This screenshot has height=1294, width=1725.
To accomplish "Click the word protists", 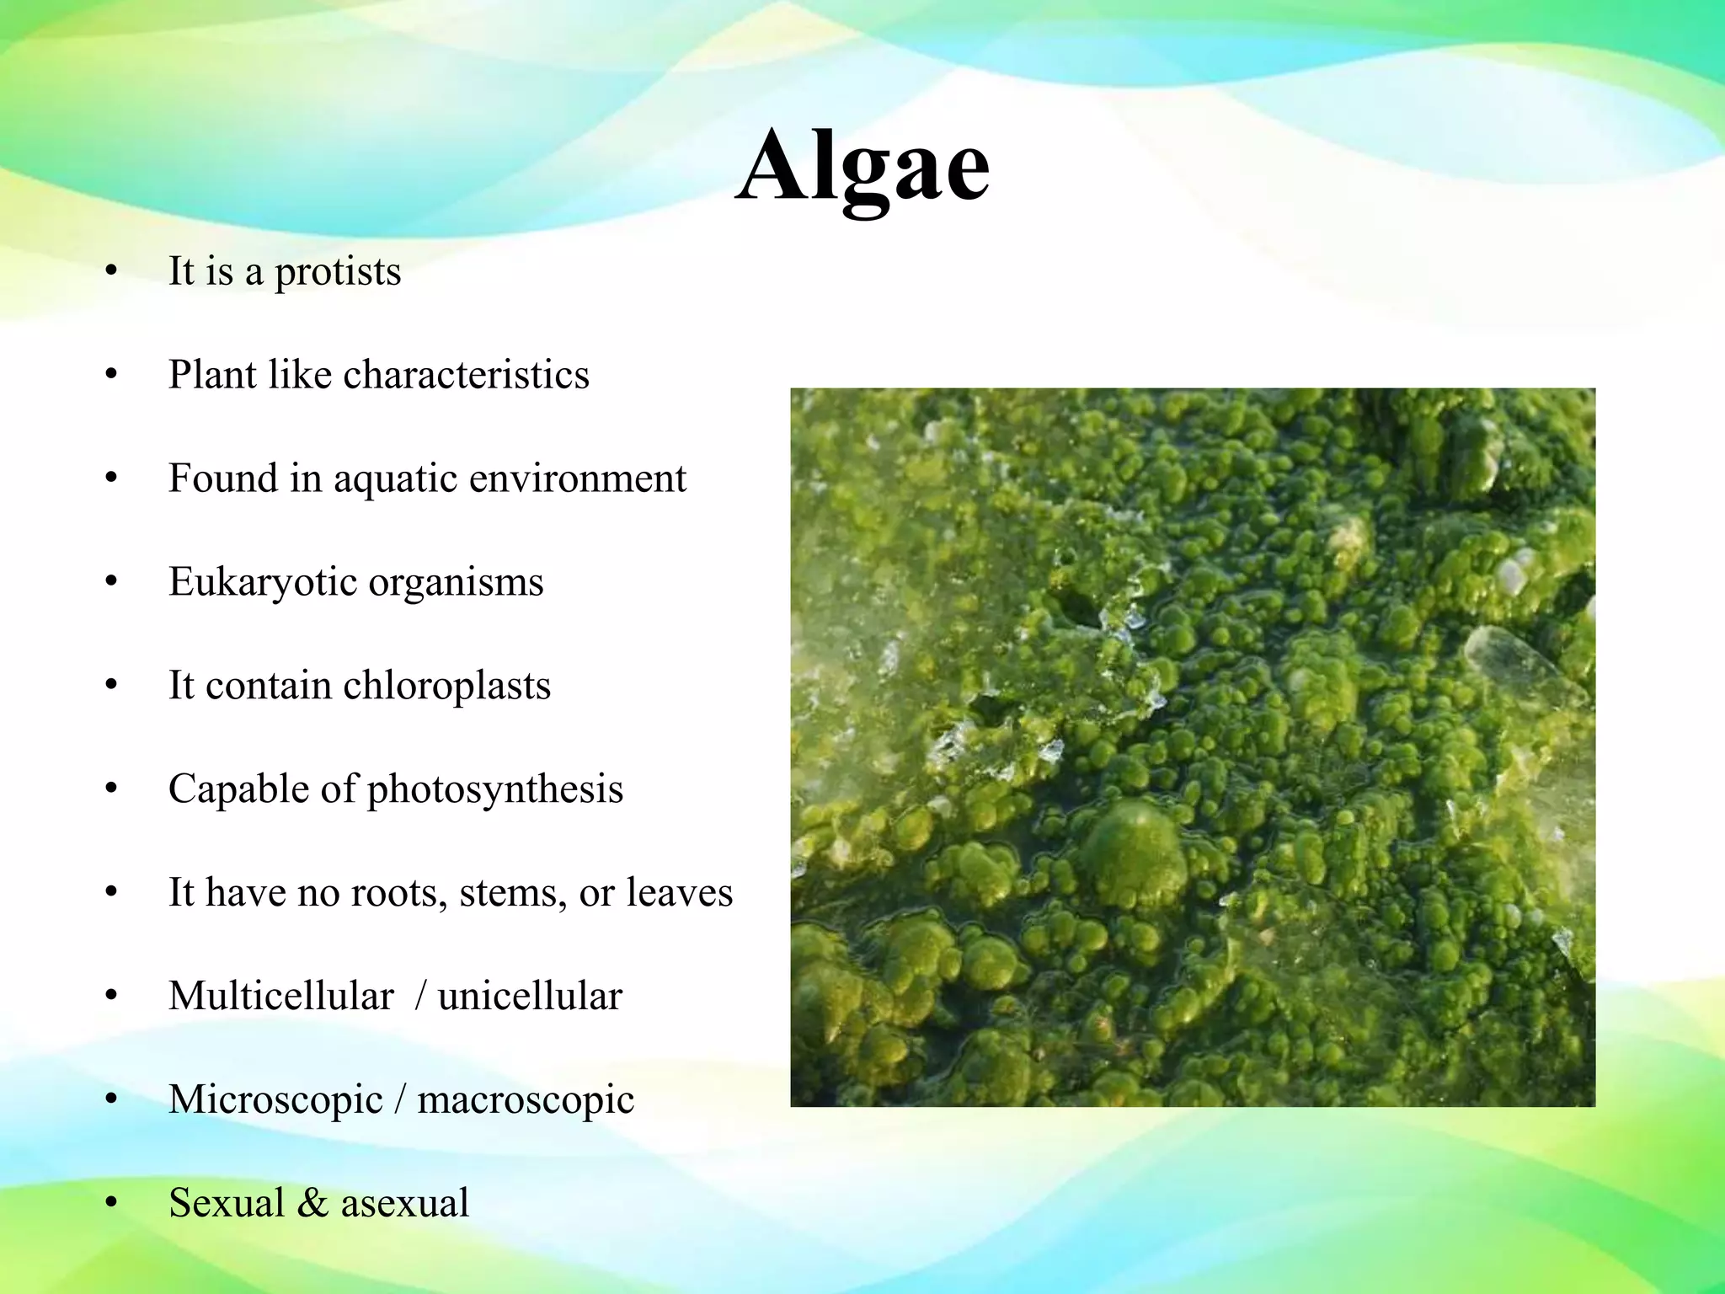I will pyautogui.click(x=338, y=272).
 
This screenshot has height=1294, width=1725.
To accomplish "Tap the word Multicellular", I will pyautogui.click(x=280, y=997).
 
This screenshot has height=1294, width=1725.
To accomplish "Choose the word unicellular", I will pyautogui.click(x=530, y=997).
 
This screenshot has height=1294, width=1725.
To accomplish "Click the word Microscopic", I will pyautogui.click(x=275, y=1100).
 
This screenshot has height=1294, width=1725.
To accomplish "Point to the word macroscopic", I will pyautogui.click(x=526, y=1100).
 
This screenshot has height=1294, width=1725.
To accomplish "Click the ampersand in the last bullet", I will pyautogui.click(x=312, y=1203).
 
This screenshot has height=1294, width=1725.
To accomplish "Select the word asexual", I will pyautogui.click(x=404, y=1203).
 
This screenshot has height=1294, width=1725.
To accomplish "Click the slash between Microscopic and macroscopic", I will pyautogui.click(x=400, y=1100).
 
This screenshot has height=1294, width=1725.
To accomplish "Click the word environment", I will pyautogui.click(x=577, y=479).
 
